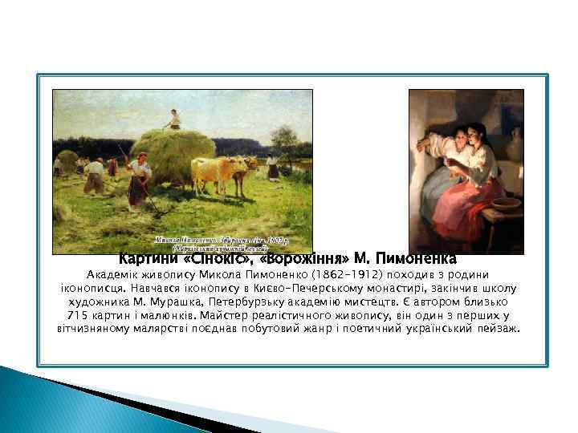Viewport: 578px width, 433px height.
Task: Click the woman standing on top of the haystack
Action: (173, 120)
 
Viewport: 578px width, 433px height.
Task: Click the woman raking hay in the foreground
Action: (140, 178)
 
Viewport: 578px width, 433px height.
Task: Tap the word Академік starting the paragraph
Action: (90, 275)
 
